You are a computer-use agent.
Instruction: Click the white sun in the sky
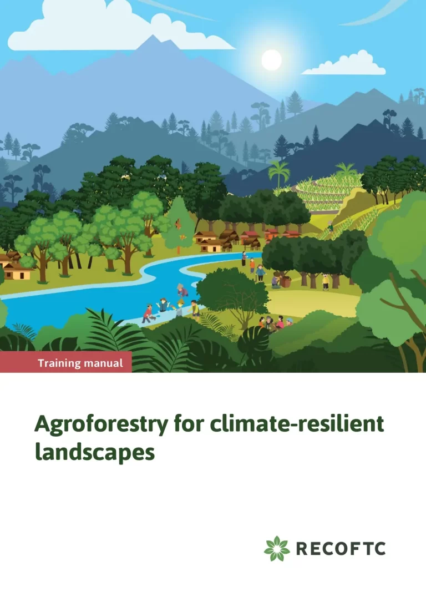click(271, 60)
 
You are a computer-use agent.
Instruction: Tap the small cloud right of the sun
click(347, 65)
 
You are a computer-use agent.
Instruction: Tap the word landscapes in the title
click(94, 452)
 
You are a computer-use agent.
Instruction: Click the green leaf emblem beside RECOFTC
click(277, 549)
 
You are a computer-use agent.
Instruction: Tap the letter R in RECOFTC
click(303, 549)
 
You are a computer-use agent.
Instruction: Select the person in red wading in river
click(147, 313)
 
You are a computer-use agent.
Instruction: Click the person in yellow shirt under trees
click(326, 282)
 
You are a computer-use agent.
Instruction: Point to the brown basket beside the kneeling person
click(286, 281)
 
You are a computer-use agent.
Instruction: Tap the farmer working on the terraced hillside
click(331, 226)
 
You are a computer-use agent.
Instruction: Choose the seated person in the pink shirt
click(280, 322)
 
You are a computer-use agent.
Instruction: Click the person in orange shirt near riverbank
click(252, 266)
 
